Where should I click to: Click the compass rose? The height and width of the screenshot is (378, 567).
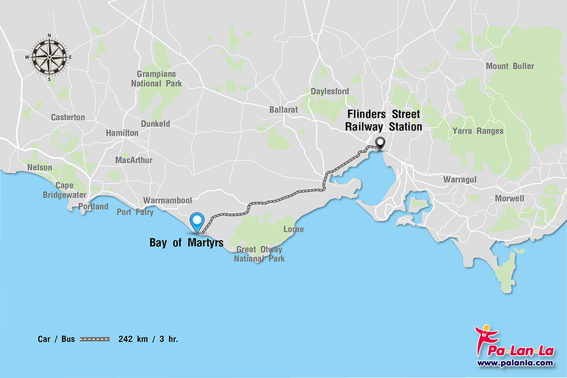49,57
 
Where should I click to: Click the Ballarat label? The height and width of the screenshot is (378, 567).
283,110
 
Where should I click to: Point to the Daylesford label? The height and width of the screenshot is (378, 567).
330,91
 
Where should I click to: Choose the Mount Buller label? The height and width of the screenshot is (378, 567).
510,66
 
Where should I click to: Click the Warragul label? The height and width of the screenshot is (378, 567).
459,180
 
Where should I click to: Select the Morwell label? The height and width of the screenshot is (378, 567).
509,198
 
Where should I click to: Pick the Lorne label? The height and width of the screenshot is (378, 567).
293,229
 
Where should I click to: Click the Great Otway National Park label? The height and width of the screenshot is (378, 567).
259,254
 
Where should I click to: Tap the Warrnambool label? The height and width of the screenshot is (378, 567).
167,201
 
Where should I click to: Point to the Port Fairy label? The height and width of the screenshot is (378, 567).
135,212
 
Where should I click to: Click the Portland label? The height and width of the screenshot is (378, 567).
93,207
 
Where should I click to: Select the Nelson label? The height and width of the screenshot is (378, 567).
40,167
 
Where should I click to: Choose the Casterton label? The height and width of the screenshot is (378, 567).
68,118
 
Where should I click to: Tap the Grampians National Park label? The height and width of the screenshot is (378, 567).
156,79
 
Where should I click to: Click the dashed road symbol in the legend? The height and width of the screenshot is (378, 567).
95,339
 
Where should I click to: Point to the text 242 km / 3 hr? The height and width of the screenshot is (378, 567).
148,339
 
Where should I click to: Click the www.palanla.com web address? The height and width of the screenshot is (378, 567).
514,363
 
